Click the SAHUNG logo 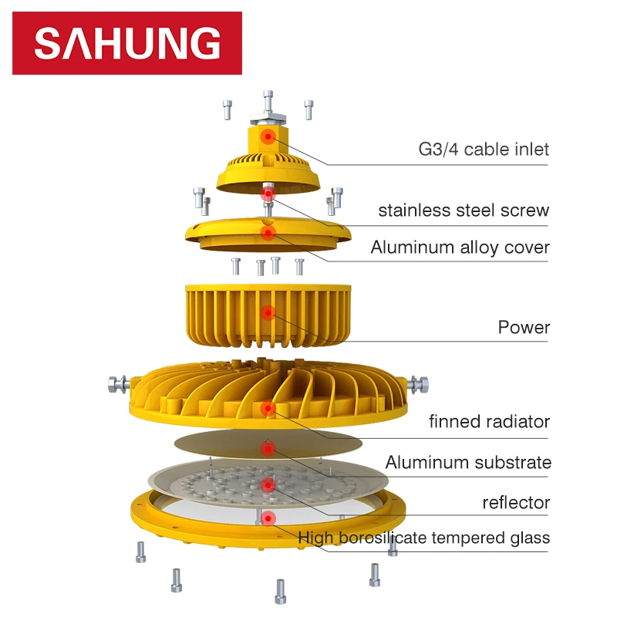pyautogui.click(x=127, y=43)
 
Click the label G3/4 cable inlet pyautogui.click(x=484, y=148)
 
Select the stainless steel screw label pyautogui.click(x=464, y=210)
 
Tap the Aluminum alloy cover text pyautogui.click(x=460, y=248)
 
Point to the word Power pyautogui.click(x=524, y=327)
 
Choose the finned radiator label pyautogui.click(x=489, y=421)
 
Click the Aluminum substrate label pyautogui.click(x=468, y=463)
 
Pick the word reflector pyautogui.click(x=516, y=503)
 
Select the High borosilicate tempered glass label pyautogui.click(x=423, y=538)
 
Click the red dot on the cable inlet pyautogui.click(x=268, y=137)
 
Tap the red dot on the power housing pyautogui.click(x=268, y=312)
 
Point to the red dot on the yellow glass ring pyautogui.click(x=268, y=518)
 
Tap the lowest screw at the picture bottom pyautogui.click(x=280, y=592)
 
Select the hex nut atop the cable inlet pyautogui.click(x=268, y=116)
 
